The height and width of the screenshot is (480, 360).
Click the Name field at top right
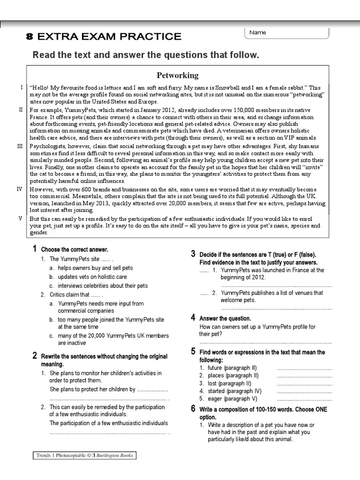pos(286,33)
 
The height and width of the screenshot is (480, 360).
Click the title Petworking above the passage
pos(177,75)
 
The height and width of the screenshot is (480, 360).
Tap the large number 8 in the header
pos(30,37)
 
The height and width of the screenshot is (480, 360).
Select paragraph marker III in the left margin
pos(20,146)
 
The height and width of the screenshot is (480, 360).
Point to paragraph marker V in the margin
pos(20,218)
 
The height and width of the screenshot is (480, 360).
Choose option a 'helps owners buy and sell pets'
pos(95,268)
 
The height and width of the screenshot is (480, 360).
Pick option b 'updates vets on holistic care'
pos(92,277)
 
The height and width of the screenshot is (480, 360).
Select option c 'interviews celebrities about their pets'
pos(102,285)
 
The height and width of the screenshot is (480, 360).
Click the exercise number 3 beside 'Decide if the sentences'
pos(193,254)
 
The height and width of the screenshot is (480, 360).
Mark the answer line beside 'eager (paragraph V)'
pos(304,399)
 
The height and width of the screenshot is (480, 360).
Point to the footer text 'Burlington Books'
pos(116,455)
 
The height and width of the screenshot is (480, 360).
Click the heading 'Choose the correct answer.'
pos(75,249)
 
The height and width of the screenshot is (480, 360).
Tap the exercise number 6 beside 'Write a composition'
pos(193,409)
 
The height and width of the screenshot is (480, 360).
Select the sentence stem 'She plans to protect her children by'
pos(92,389)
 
